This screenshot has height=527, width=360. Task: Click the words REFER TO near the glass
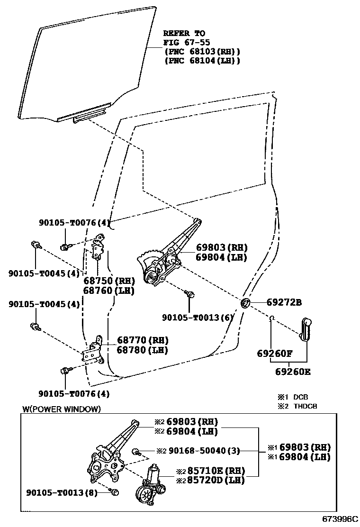(184, 33)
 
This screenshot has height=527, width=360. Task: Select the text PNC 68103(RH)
(202, 51)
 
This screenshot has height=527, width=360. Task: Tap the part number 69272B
(284, 302)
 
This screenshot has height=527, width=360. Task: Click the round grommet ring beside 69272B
(246, 303)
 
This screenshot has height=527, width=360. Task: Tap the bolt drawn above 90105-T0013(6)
(190, 294)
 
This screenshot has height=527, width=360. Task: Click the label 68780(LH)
(143, 350)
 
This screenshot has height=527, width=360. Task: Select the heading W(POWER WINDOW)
(62, 409)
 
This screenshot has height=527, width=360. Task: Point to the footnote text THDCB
(305, 406)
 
